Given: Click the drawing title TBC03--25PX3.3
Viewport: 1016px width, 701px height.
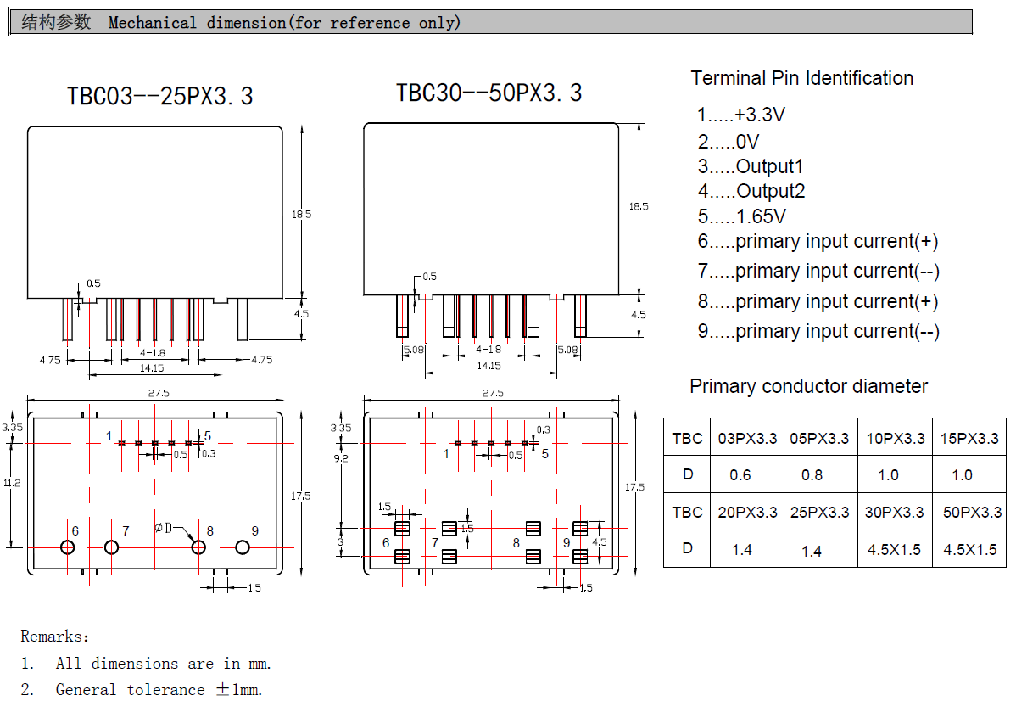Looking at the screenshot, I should click(x=159, y=96).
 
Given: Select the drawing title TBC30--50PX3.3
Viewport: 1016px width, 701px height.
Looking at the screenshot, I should click(x=488, y=93).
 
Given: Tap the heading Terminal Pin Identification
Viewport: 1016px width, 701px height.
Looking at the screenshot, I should click(x=801, y=78).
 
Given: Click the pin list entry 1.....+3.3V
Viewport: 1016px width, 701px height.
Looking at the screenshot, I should click(x=742, y=115).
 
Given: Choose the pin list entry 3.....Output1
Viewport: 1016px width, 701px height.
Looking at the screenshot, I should click(x=751, y=166).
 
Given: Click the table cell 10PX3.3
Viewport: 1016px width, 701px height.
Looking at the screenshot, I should click(x=895, y=439).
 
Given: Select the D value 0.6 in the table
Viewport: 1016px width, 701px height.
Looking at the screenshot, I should click(x=740, y=475).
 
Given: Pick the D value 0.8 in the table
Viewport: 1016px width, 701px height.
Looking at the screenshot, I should click(x=812, y=475).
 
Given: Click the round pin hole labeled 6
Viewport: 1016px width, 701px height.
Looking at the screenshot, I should click(x=67, y=547).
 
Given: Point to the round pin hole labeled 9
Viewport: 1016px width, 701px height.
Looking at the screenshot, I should click(x=243, y=547).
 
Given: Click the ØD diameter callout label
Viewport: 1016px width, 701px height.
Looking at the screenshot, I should click(x=164, y=529).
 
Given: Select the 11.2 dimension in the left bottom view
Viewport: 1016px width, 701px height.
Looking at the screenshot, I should click(x=11, y=482).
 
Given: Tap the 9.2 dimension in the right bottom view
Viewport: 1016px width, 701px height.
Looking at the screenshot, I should click(x=341, y=457).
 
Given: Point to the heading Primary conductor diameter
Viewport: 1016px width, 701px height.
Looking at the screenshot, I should click(x=808, y=386).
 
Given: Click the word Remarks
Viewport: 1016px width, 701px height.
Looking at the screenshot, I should click(x=53, y=637).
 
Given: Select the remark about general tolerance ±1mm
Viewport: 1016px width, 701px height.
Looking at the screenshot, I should click(x=142, y=690).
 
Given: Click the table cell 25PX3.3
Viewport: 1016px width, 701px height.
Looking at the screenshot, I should click(x=820, y=513).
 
